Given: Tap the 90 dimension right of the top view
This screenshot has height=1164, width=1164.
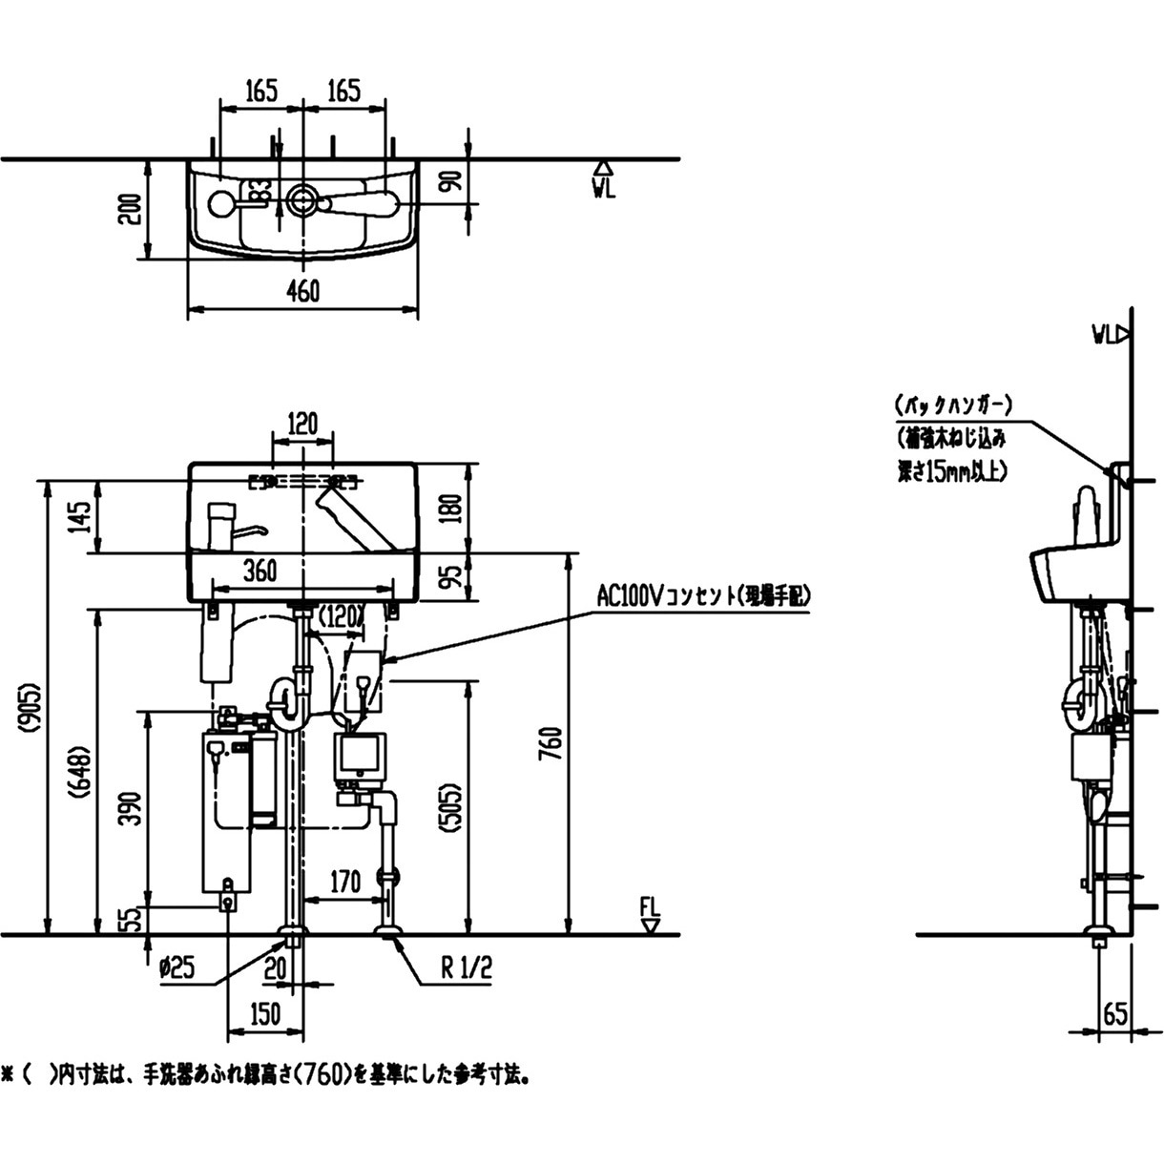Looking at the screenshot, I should tap(452, 180).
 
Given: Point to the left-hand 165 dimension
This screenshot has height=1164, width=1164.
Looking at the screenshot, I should tap(260, 91).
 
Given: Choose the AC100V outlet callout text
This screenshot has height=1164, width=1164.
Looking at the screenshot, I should tap(702, 597).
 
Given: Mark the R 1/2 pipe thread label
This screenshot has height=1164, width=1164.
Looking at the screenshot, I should tap(467, 969).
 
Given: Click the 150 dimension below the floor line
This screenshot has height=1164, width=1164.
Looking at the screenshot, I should tap(264, 1013).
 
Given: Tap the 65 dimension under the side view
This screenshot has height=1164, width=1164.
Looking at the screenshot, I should tap(1114, 1013).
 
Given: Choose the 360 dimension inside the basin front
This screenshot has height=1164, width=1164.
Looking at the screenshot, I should tap(260, 571).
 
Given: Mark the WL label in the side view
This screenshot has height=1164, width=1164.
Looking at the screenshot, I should tap(1107, 334).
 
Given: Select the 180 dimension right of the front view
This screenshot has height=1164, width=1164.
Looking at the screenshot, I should tap(452, 508).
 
